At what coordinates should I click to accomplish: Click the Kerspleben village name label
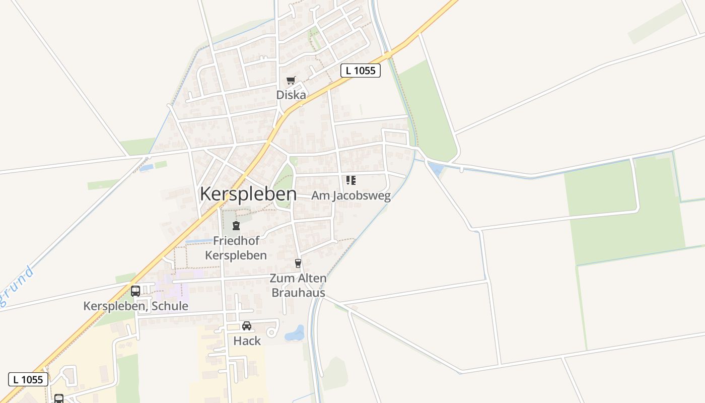click(248, 194)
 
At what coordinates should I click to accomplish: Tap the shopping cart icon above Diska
click(291, 81)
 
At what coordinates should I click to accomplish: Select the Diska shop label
click(291, 95)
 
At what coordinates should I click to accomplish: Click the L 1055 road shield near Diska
click(361, 71)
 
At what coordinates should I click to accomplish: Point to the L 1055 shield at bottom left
click(28, 379)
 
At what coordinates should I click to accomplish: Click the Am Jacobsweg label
click(351, 195)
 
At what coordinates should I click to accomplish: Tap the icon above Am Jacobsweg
click(351, 180)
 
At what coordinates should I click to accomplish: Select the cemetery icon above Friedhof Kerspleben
click(236, 226)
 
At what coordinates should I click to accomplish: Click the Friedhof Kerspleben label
click(236, 248)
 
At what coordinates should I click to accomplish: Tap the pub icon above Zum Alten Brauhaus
click(298, 263)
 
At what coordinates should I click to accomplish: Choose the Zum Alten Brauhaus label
click(298, 285)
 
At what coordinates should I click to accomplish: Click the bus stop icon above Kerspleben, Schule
click(135, 291)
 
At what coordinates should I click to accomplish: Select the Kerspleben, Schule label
click(135, 306)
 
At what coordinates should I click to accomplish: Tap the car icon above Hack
click(247, 326)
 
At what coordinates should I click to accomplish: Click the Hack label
click(247, 341)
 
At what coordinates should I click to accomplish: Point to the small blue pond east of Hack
click(295, 333)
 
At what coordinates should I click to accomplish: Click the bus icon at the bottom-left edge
click(59, 398)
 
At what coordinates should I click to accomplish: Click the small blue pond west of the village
click(146, 167)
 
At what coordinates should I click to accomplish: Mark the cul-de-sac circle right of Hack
click(271, 332)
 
